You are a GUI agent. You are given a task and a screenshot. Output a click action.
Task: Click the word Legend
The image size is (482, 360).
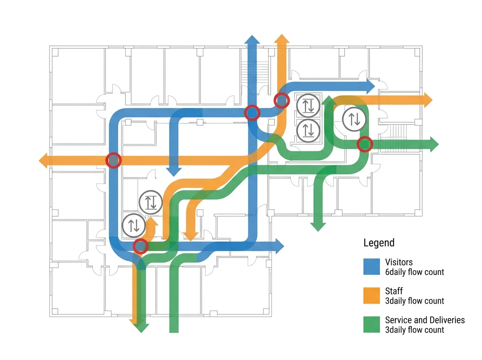pyautogui.click(x=379, y=243)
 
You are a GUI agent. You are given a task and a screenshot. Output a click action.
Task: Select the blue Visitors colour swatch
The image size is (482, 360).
pyautogui.click(x=371, y=267)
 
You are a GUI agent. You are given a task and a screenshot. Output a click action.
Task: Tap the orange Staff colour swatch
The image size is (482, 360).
pyautogui.click(x=371, y=295)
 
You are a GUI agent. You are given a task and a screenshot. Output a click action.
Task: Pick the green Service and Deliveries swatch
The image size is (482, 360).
pyautogui.click(x=371, y=324)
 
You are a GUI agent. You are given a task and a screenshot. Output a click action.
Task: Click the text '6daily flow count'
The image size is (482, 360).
pyautogui.click(x=415, y=272)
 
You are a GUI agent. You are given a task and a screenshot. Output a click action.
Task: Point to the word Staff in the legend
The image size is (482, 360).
pyautogui.click(x=394, y=291)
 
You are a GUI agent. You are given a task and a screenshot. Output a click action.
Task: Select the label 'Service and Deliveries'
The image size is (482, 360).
pyautogui.click(x=425, y=320)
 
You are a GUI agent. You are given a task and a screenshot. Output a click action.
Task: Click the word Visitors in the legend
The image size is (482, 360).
pyautogui.click(x=399, y=262)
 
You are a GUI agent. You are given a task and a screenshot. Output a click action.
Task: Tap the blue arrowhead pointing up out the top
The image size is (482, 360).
pyautogui.click(x=252, y=39)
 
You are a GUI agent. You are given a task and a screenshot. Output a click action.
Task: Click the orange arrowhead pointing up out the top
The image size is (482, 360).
pyautogui.click(x=282, y=39)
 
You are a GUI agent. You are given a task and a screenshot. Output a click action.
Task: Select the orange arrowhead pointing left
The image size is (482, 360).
pyautogui.click(x=43, y=161)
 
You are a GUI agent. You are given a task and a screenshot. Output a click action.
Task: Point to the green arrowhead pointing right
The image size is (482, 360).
pyautogui.click(x=434, y=144)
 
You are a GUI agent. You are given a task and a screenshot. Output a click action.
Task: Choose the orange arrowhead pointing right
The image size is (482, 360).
pyautogui.click(x=428, y=100)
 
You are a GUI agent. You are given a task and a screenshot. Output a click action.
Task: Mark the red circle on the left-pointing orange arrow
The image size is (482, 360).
pyautogui.click(x=114, y=160)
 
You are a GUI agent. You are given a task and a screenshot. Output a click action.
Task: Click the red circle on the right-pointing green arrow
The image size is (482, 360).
pyautogui.click(x=365, y=144)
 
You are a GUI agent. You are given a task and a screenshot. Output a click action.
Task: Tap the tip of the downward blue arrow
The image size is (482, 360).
pyautogui.click(x=174, y=176)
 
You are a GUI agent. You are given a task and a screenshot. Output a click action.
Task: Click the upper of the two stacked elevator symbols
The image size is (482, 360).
pyautogui.click(x=308, y=105)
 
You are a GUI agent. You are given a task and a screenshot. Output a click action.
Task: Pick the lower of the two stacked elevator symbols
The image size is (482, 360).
pyautogui.click(x=308, y=131)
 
